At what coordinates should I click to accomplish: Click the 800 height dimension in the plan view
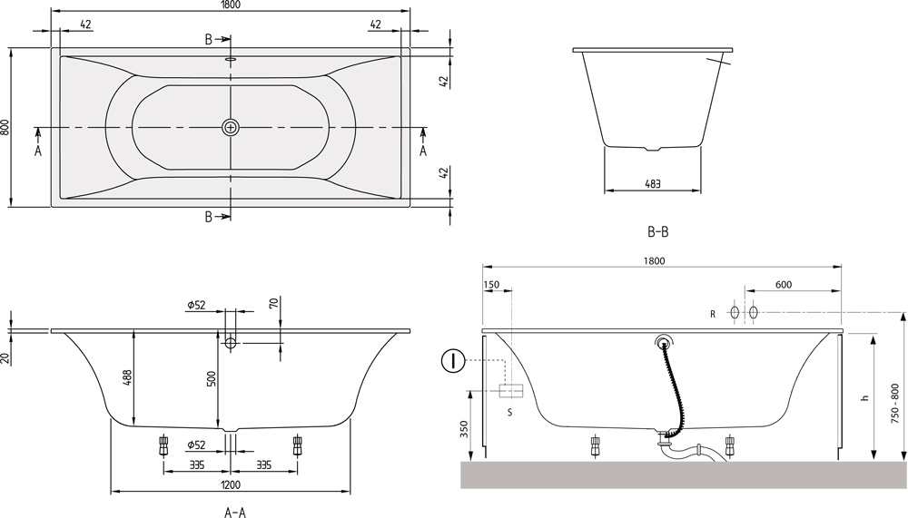pyautogui.click(x=6, y=128)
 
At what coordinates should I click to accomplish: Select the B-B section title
pyautogui.click(x=658, y=232)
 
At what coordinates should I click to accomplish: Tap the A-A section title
pyautogui.click(x=235, y=513)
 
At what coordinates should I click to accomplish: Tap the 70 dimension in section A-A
pyautogui.click(x=273, y=302)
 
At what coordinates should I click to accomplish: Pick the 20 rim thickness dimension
pyautogui.click(x=6, y=357)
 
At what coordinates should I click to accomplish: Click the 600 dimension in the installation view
pyautogui.click(x=783, y=285)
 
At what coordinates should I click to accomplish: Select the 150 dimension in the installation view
pyautogui.click(x=492, y=285)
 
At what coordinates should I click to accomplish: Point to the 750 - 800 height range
pyautogui.click(x=895, y=400)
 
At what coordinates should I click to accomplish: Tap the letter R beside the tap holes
pyautogui.click(x=714, y=314)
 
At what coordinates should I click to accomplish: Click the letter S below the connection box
pyautogui.click(x=509, y=412)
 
